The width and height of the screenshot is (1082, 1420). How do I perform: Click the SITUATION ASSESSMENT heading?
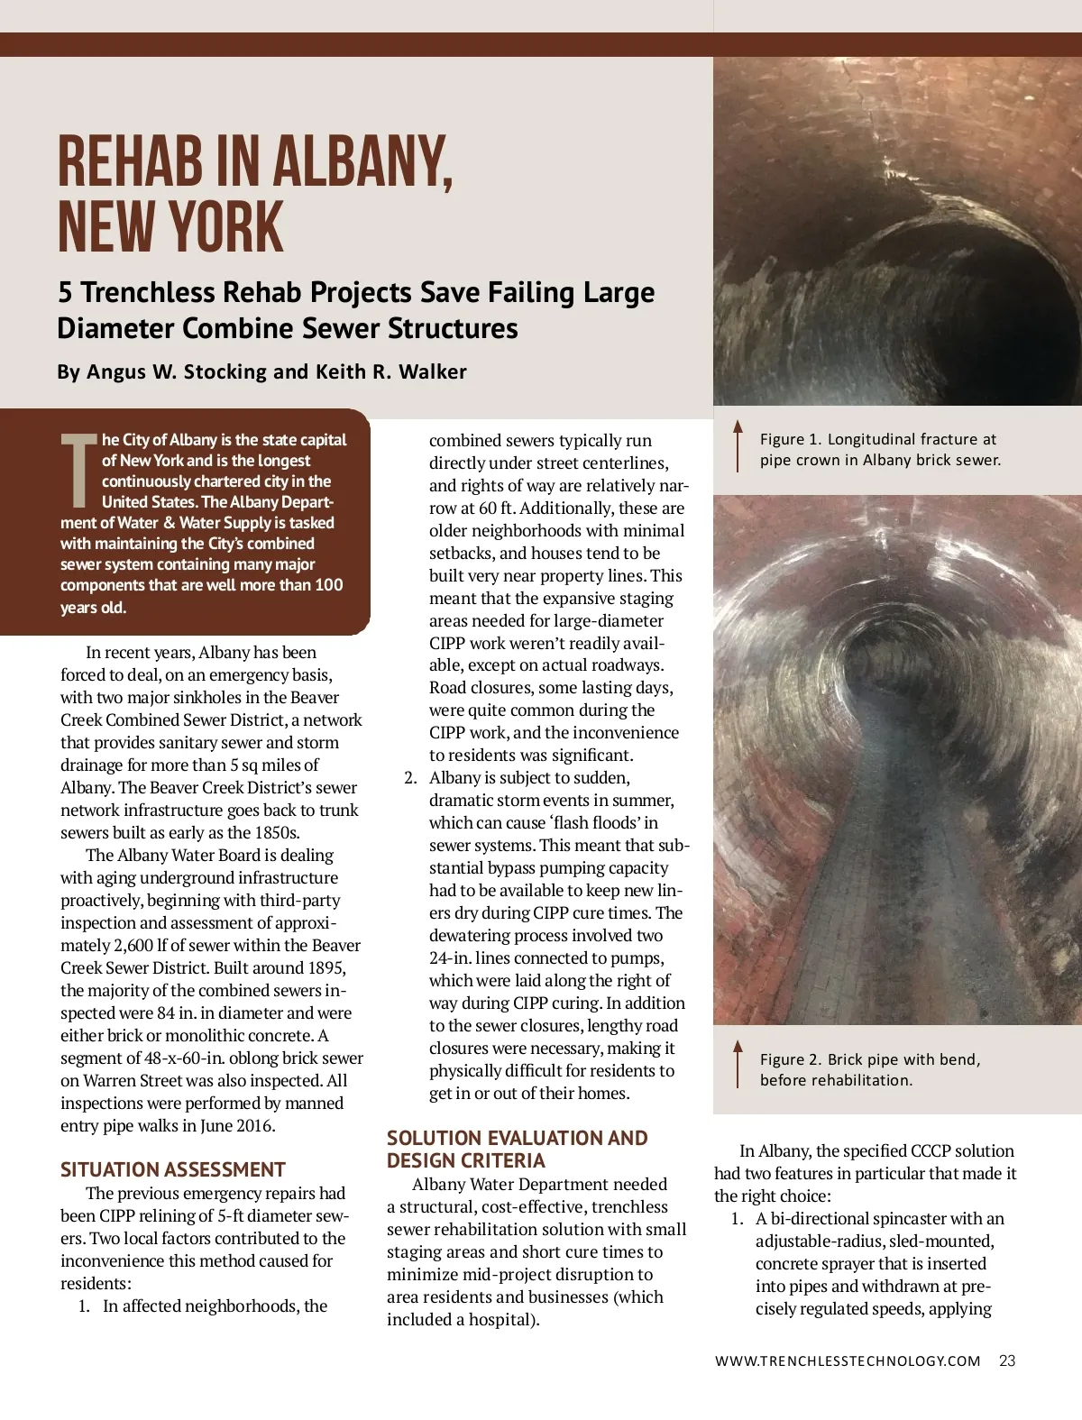pyautogui.click(x=172, y=1169)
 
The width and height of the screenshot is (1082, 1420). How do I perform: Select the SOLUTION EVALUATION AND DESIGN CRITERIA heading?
pyautogui.click(x=517, y=1149)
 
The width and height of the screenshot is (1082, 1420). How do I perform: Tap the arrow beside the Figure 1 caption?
pyautogui.click(x=738, y=445)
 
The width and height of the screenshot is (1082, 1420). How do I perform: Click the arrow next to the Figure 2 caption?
pyautogui.click(x=738, y=1064)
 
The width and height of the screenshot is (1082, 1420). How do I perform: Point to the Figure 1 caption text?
pyautogui.click(x=879, y=449)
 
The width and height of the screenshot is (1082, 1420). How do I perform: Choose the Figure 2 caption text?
pyautogui.click(x=869, y=1069)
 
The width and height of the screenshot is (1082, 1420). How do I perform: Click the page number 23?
pyautogui.click(x=1007, y=1360)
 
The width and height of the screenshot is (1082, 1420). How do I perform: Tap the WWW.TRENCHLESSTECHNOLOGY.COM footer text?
pyautogui.click(x=848, y=1360)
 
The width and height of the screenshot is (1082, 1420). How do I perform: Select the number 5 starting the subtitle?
pyautogui.click(x=65, y=292)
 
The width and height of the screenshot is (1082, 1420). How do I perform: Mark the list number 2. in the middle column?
pyautogui.click(x=410, y=777)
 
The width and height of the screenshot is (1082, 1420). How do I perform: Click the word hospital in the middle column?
pyautogui.click(x=501, y=1319)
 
